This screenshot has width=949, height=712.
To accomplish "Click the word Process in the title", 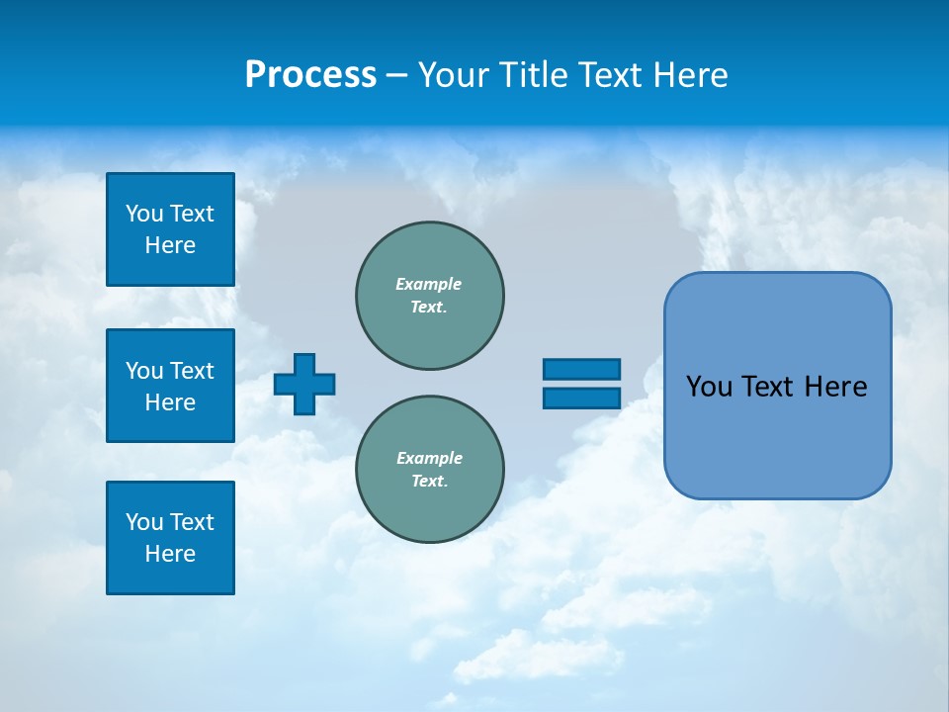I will coord(310,75).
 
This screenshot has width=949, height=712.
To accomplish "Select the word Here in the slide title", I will coord(692,75).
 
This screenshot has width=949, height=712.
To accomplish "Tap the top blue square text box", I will coord(170,229).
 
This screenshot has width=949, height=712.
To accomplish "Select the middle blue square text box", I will coord(170,386).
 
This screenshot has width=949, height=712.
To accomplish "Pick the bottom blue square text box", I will coord(170,538).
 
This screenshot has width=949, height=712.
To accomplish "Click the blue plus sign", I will coord(304,384).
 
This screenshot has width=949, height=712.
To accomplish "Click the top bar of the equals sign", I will coord(581,369).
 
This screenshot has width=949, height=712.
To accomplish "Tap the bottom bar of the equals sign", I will coord(581,398).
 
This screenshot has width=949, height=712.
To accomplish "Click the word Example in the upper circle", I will coord(428,284).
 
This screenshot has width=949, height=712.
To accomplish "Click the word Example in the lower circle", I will coord(429,458).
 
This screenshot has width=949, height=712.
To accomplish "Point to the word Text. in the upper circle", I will coord(429,307).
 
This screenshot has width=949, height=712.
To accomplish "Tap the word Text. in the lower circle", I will coord(429,482).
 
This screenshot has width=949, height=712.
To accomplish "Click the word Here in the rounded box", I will coord(835,387).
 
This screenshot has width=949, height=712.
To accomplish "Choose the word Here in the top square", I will coord(170,245).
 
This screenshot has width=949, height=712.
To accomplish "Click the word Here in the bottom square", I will coord(170,554).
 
